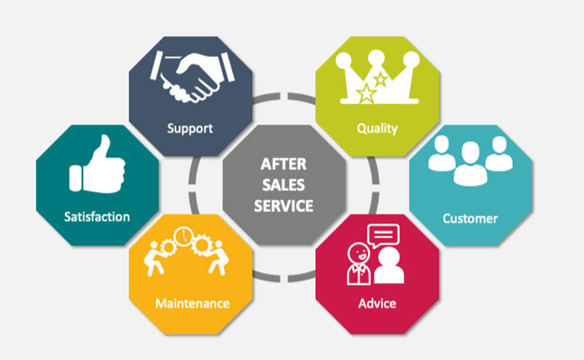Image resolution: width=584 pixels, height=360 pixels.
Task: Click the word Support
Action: click(x=190, y=129)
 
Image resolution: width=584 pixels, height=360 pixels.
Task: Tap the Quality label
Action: click(x=377, y=129)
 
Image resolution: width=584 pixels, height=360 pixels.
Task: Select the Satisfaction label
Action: click(x=97, y=217)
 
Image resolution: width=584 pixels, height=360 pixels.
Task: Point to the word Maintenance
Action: click(x=192, y=304)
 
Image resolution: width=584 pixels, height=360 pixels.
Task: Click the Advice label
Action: click(x=377, y=303)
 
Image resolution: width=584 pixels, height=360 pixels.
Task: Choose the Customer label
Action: click(x=470, y=218)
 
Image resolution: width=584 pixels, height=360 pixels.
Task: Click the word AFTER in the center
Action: click(x=283, y=164)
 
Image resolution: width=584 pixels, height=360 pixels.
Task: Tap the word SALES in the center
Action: click(x=283, y=185)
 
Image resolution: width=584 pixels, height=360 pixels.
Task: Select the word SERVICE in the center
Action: click(x=283, y=206)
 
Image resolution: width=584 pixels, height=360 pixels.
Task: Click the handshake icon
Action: click(x=192, y=77)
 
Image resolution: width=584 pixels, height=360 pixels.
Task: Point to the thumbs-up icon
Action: click(x=97, y=164)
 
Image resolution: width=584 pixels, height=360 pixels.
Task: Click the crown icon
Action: click(x=377, y=77)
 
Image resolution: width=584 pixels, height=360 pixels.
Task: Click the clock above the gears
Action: click(x=183, y=237)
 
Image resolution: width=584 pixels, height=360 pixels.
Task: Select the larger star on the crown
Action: click(x=366, y=93)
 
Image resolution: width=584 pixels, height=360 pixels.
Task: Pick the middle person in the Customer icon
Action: click(x=470, y=164)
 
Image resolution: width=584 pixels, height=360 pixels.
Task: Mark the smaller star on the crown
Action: click(x=380, y=80)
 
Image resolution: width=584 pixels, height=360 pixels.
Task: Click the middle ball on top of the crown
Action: click(x=376, y=58)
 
